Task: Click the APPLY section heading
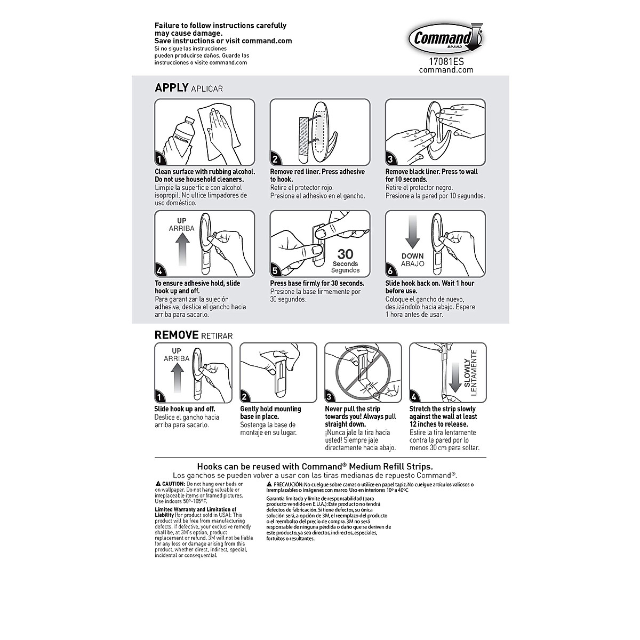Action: click(171, 88)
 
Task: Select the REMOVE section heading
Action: click(177, 335)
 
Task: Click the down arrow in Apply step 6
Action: click(412, 231)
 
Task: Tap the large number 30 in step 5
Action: click(345, 254)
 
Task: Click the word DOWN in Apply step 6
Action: click(412, 256)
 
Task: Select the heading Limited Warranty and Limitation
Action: click(195, 510)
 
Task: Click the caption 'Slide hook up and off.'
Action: click(185, 409)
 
